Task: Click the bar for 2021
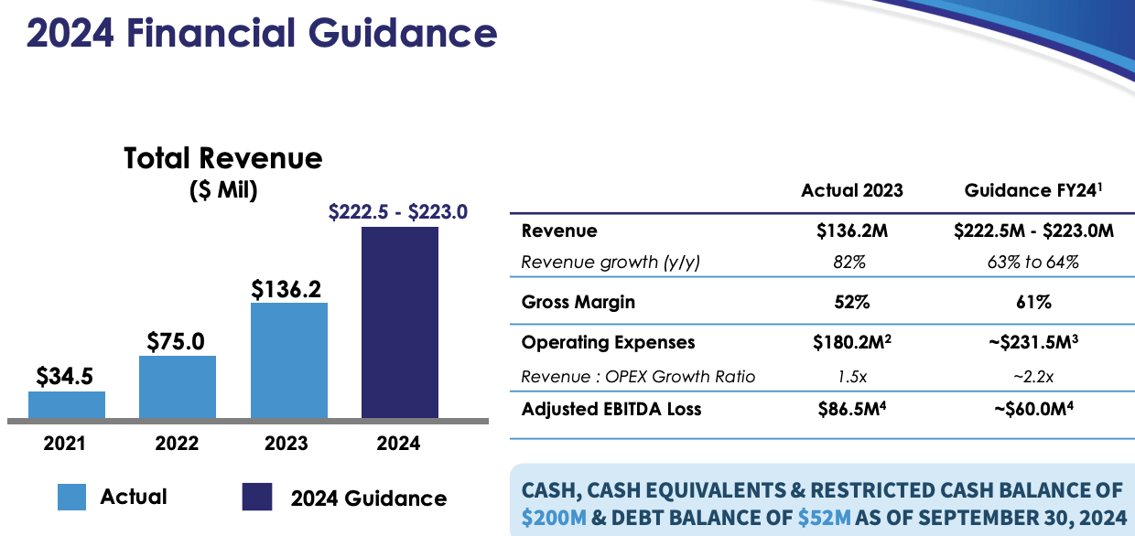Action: coord(67,404)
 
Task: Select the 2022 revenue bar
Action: coord(178,387)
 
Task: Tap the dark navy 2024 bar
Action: coord(400,322)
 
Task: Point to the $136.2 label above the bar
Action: coord(288,289)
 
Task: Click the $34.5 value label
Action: coord(65,377)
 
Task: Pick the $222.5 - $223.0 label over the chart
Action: coord(397,212)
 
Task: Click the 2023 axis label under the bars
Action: coord(286,444)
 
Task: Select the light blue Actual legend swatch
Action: coord(71,497)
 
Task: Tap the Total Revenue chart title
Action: coord(222,158)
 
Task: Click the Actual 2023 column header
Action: coord(851,190)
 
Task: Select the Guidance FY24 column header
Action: coord(1032,190)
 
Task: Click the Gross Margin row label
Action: coord(578,302)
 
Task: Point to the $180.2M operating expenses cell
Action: coord(851,342)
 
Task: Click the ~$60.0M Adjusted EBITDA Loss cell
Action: coord(1032,409)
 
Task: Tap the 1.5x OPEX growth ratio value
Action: coord(851,377)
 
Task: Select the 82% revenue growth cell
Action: coord(851,263)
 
